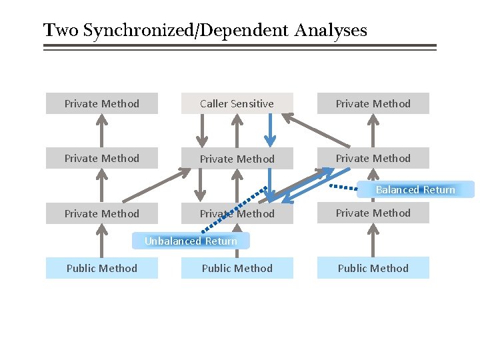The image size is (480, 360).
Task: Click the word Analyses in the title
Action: click(331, 31)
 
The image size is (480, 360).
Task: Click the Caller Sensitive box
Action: click(237, 103)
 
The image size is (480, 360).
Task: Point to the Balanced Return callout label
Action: click(415, 190)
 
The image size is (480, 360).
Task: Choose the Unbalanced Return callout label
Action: click(191, 241)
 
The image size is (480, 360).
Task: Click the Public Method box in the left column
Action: click(102, 268)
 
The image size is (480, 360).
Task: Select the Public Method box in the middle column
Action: click(237, 268)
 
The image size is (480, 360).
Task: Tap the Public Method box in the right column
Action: click(373, 268)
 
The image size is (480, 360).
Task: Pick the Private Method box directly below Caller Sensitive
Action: click(237, 159)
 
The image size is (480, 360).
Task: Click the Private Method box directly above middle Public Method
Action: click(237, 213)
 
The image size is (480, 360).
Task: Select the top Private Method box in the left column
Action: click(102, 103)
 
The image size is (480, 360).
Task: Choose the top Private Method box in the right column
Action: click(373, 103)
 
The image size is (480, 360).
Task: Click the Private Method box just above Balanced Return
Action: click(373, 158)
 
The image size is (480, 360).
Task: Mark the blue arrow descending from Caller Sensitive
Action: click(269, 130)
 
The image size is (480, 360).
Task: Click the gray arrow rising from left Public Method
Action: click(101, 241)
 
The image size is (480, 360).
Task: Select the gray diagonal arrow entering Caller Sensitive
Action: click(316, 131)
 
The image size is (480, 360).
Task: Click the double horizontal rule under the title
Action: click(240, 47)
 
